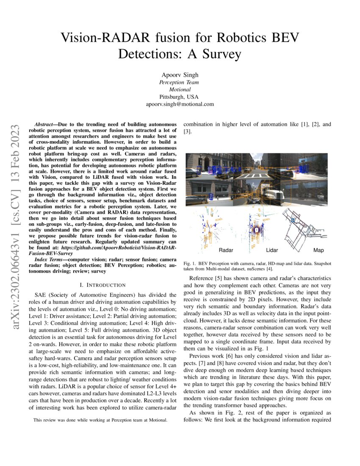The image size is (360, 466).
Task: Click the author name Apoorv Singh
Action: [x=180, y=75]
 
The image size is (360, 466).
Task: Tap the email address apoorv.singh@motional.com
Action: [x=180, y=104]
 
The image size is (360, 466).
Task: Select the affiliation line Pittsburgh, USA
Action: [x=180, y=97]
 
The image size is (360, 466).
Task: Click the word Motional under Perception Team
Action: [x=180, y=90]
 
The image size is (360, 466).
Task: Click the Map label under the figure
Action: [x=318, y=250]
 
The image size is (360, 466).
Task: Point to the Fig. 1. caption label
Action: [x=193, y=263]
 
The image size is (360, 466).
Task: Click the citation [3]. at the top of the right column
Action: [x=187, y=132]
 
